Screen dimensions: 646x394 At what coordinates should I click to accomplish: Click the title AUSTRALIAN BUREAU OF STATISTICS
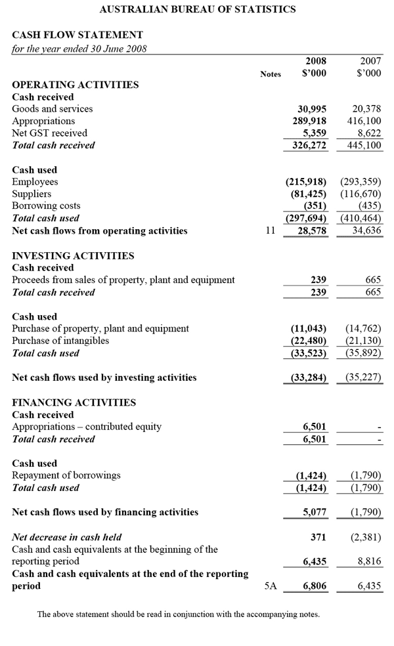[x=197, y=9]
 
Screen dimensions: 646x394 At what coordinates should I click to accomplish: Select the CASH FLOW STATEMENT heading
[x=77, y=35]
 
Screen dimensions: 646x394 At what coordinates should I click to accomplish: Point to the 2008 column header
[x=316, y=61]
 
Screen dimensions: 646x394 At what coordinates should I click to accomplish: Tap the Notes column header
[x=270, y=74]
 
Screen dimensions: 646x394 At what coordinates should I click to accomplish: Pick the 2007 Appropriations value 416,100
[x=364, y=121]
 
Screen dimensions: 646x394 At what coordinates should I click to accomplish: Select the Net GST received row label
[x=49, y=133]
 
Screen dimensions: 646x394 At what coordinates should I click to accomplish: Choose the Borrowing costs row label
[x=46, y=206]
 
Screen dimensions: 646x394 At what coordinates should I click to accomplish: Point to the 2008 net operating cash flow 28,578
[x=312, y=231]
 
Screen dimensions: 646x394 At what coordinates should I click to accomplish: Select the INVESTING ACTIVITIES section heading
[x=73, y=256]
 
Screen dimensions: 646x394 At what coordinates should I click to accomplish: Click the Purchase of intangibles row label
[x=60, y=341]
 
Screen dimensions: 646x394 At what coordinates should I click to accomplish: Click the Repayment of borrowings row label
[x=66, y=475]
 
